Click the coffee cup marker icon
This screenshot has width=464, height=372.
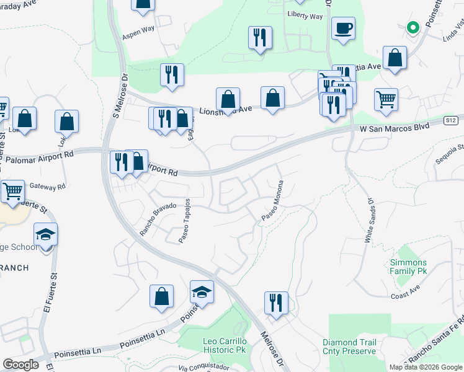point(343,29)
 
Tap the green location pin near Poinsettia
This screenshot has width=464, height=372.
point(412,28)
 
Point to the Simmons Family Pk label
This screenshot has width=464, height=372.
point(408,267)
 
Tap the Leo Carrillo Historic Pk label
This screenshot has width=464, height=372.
point(225,346)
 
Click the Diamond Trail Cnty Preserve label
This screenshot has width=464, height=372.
point(349,347)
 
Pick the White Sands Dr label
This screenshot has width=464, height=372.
point(369,220)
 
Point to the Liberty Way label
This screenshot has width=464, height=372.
point(305,16)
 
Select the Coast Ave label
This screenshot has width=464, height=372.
point(406,297)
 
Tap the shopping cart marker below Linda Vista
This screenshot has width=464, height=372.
point(386,99)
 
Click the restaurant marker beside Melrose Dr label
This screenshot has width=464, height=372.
point(275,303)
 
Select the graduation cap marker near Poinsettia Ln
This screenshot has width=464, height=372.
point(202,291)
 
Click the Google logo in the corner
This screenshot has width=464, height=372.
point(20,365)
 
